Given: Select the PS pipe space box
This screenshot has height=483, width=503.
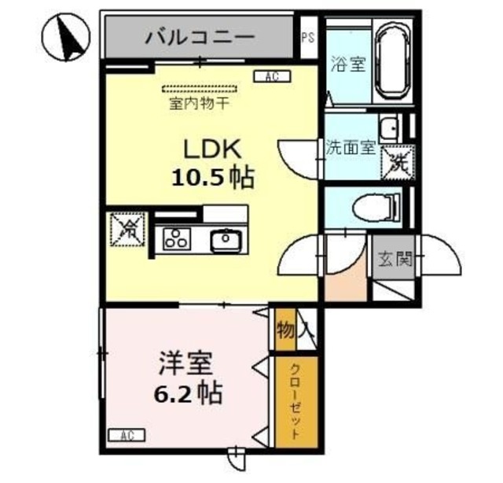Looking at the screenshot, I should coord(308,36).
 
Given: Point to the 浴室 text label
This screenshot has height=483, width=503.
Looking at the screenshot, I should coord(347,65).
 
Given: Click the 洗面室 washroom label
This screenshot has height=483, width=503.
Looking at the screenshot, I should coord(350,148).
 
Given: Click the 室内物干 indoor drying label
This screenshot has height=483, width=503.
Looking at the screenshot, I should coord(193,102).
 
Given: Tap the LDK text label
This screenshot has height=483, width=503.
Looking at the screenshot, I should coord(211,148).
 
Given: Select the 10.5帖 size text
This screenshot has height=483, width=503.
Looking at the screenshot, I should coord(212,178).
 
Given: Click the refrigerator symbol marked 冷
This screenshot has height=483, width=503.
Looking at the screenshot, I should coord(128,228).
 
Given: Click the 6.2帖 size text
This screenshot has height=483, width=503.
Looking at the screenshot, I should coord(186,391).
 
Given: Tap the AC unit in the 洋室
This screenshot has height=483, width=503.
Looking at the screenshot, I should coord(126,434).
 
